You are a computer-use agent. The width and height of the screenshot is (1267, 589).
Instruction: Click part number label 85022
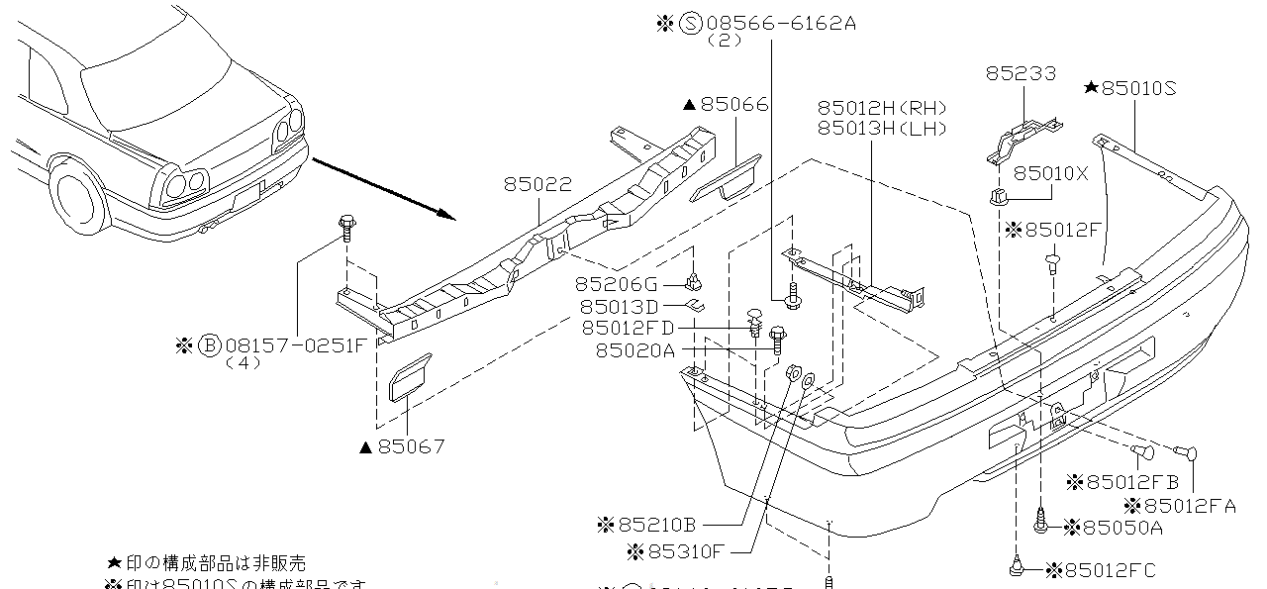(x=536, y=185)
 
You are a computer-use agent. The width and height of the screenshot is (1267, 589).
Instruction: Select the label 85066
(x=733, y=105)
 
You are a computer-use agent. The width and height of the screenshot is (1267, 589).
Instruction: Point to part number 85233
(x=1021, y=74)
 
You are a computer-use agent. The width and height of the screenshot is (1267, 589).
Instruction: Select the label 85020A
(x=634, y=350)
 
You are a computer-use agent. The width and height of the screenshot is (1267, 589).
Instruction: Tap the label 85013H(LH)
(x=882, y=129)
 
